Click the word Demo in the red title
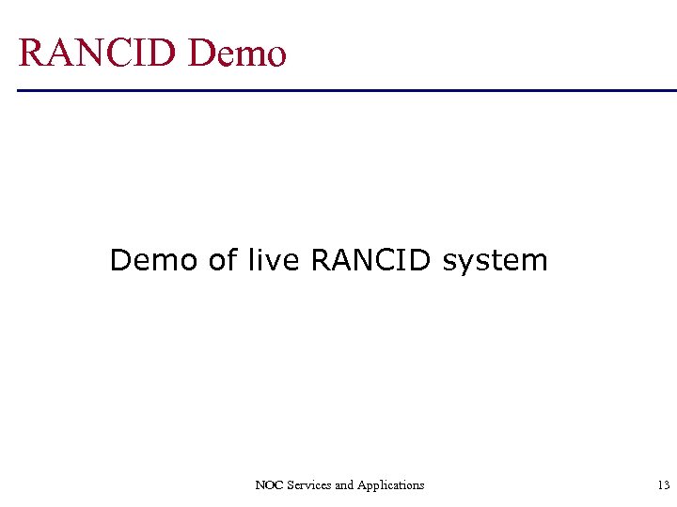pyautogui.click(x=237, y=53)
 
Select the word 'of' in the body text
pyautogui.click(x=224, y=259)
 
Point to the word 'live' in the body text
pyautogui.click(x=273, y=259)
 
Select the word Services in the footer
pyautogui.click(x=308, y=485)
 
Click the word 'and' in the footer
pyautogui.click(x=344, y=485)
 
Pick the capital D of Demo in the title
pyautogui.click(x=202, y=53)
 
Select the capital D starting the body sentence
pyautogui.click(x=120, y=259)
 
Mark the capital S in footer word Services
pyautogui.click(x=290, y=485)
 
